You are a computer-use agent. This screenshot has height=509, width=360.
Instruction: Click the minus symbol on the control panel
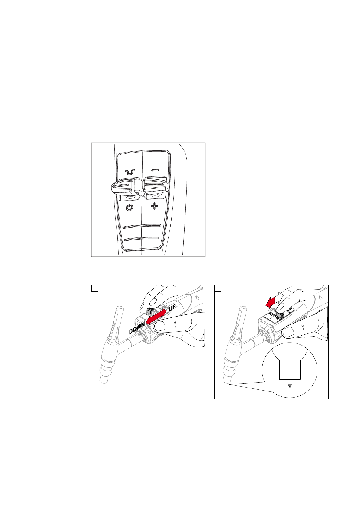(x=155, y=170)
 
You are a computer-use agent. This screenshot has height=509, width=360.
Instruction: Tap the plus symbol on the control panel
(x=155, y=206)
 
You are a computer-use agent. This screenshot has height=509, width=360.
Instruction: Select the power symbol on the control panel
(x=129, y=208)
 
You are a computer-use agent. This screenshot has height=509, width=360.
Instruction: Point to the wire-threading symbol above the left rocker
(x=130, y=172)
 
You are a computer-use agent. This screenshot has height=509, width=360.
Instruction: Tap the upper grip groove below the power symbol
(x=142, y=226)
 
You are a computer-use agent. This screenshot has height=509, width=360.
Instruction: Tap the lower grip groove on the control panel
(x=142, y=239)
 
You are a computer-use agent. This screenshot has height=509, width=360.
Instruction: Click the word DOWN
(x=137, y=328)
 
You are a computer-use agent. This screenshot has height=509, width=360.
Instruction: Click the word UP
(x=172, y=308)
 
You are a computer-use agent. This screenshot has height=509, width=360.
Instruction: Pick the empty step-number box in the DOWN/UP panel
(x=95, y=288)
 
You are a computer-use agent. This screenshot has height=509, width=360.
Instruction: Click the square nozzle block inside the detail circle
(x=290, y=370)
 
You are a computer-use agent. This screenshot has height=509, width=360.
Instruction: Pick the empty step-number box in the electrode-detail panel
(x=218, y=288)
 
